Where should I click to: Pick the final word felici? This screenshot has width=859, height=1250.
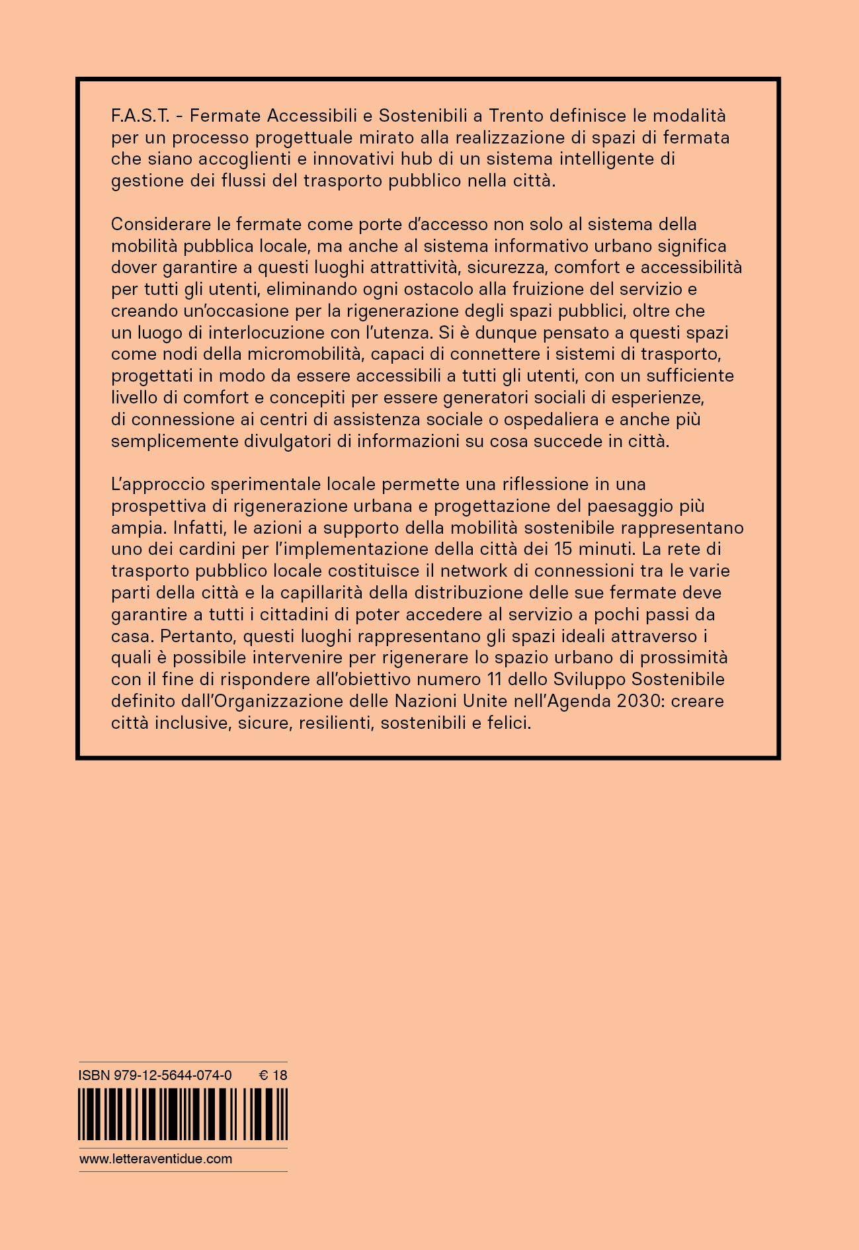coord(508,723)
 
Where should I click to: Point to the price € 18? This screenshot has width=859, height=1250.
coord(273,1075)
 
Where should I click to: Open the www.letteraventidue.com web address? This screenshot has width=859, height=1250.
coord(156,1159)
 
